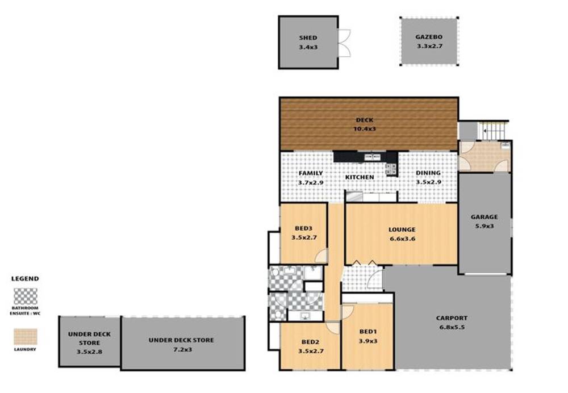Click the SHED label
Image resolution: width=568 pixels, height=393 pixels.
[308, 38]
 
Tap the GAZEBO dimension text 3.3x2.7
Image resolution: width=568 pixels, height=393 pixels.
[429, 47]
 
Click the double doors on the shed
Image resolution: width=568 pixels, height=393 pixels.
[344, 43]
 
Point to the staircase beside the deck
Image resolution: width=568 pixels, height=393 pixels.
[493, 131]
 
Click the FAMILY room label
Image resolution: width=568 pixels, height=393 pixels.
[310, 173]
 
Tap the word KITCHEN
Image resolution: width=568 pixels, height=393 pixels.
[360, 177]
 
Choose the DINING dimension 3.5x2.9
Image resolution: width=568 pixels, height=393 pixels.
[428, 183]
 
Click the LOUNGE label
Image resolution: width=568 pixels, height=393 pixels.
[402, 229]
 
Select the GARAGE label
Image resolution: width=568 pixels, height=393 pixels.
[484, 216]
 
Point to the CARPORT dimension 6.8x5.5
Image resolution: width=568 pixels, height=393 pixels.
[452, 327]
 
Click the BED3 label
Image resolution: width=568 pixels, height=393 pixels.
[303, 228]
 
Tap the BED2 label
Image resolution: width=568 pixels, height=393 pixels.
[310, 342]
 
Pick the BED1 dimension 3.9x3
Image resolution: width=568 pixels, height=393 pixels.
[367, 341]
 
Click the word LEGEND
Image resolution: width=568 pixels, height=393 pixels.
[26, 279]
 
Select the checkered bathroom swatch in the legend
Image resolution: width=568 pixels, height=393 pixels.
[26, 296]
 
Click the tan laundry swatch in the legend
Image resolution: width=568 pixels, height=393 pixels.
[26, 336]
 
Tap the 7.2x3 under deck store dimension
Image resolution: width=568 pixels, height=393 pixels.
[181, 349]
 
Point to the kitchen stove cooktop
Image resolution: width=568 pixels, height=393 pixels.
[391, 168]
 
